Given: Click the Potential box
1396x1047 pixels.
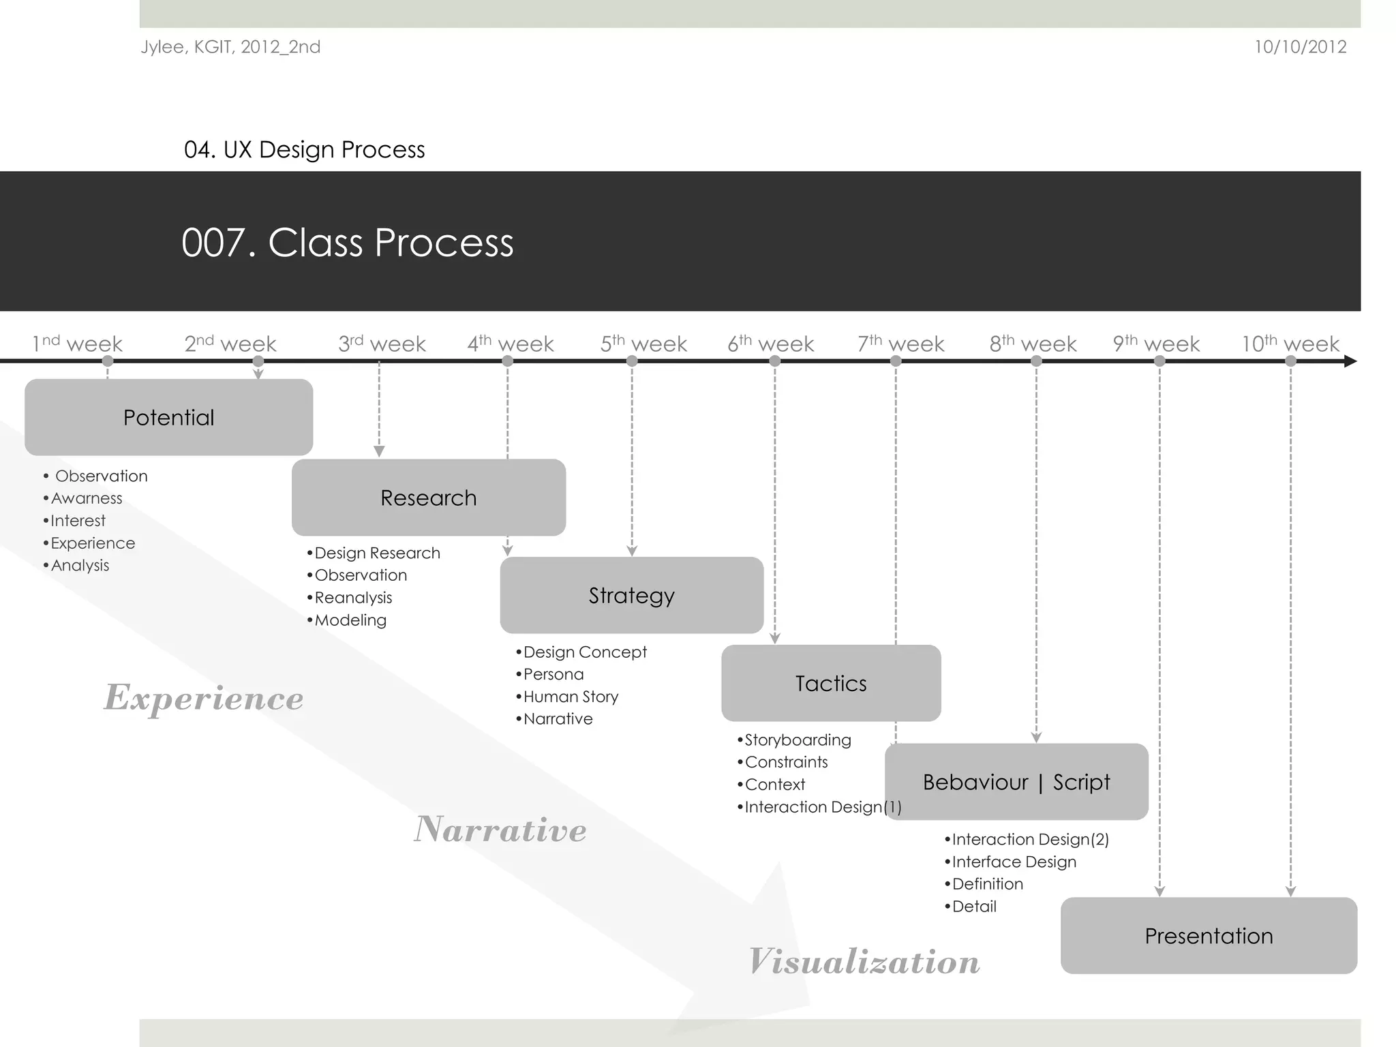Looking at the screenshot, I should pos(168,417).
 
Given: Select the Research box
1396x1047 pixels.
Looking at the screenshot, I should pos(428,498).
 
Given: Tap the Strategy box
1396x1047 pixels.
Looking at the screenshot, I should pos(631,595).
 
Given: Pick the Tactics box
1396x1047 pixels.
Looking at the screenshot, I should pos(831,683).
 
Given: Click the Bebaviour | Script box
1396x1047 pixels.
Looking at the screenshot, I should pos(1016,782).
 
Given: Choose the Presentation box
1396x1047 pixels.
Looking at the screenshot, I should pos(1209,936).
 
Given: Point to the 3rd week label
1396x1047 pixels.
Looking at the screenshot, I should pos(382,344).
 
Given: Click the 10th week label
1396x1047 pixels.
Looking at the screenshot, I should pos(1290,344).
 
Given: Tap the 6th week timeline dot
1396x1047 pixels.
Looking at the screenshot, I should pos(774,361).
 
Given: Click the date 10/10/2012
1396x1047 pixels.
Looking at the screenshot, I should pos(1300,47).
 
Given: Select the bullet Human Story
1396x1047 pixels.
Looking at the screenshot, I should pos(571,697).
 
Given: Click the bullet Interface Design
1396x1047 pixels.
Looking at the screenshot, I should pos(1014,862).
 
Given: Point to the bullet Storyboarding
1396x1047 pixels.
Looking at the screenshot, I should pos(798,740).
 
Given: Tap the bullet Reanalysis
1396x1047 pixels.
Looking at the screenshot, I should pos(353,598).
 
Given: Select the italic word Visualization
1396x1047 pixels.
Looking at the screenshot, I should pos(864,962).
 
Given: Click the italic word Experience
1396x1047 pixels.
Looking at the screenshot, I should pos(203,698).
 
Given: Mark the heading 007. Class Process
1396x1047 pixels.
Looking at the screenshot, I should pos(347,243).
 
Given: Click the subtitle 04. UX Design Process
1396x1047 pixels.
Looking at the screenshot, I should pos(304,149).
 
